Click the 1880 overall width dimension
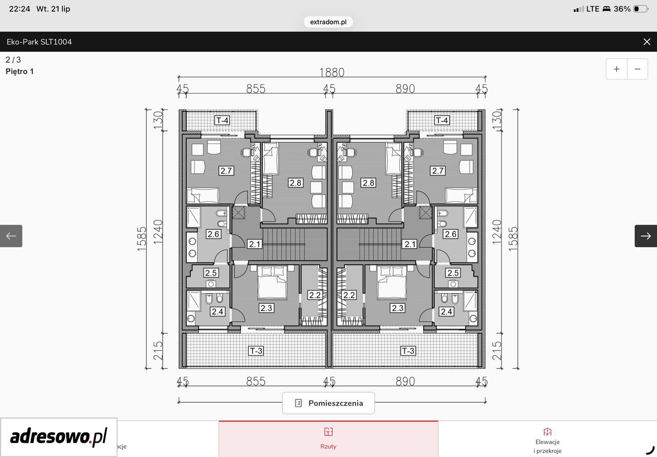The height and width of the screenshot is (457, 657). (332, 72)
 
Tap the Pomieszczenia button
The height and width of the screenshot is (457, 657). (328, 403)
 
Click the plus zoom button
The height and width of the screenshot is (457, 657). (616, 69)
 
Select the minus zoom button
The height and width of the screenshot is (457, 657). (637, 69)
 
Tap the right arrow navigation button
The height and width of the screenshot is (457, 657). (646, 236)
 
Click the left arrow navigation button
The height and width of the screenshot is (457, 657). (11, 236)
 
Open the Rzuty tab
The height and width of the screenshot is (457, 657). (328, 438)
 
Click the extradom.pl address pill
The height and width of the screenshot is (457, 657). (328, 22)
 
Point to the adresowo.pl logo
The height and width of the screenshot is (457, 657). (59, 437)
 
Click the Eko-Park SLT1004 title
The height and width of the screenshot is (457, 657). (39, 42)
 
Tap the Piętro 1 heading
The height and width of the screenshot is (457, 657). (20, 71)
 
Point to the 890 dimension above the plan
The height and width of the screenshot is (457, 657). (405, 89)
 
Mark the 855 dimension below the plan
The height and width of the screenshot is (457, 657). (256, 381)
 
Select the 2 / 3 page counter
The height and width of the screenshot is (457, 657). (13, 60)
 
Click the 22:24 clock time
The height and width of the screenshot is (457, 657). (20, 9)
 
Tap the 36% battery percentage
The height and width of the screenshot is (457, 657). (622, 9)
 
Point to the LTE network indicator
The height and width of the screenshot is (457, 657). (593, 9)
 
